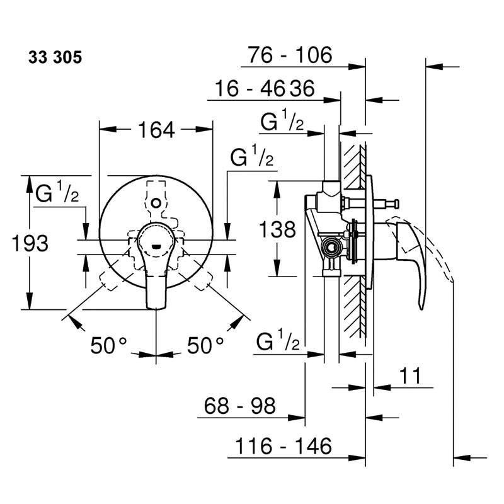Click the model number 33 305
[x=55, y=57]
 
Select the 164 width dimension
[x=156, y=130]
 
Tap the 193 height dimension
[x=30, y=243]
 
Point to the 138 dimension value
[x=277, y=229]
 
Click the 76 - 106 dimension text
[x=290, y=55]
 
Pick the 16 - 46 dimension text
[x=249, y=88]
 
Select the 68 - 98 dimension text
[x=240, y=406]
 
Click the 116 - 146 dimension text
[x=283, y=446]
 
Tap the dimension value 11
[x=410, y=375]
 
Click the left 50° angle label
[x=108, y=345]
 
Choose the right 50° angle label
[x=205, y=345]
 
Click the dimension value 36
[x=302, y=88]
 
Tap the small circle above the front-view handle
[x=156, y=203]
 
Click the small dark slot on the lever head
[x=156, y=247]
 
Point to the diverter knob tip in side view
[x=398, y=203]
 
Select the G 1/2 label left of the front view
[x=57, y=192]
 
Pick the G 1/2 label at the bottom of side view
[x=278, y=340]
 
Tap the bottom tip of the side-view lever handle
[x=422, y=308]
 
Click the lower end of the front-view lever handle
[x=156, y=308]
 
